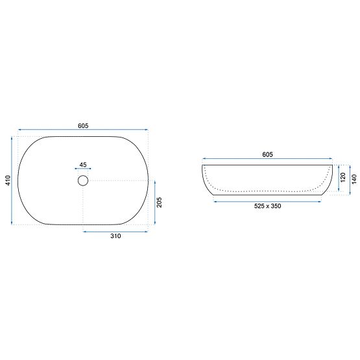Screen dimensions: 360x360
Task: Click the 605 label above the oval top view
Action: tap(84, 125)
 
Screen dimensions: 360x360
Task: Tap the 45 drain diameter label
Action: tap(83, 164)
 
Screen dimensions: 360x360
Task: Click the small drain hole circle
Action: tap(83, 180)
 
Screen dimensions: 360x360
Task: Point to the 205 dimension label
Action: tap(159, 203)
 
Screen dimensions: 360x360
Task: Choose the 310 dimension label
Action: tap(116, 237)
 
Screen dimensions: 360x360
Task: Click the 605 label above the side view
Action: tap(267, 154)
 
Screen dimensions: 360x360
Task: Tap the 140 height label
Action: tap(354, 178)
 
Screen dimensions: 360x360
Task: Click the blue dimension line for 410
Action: tap(13, 180)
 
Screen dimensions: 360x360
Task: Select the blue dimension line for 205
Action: tap(154, 203)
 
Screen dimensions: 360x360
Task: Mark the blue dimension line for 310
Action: tap(116, 230)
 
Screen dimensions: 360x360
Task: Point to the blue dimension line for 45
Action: tap(83, 169)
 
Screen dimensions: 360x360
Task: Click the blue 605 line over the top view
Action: tap(84, 130)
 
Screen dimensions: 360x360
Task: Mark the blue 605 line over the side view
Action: tap(267, 160)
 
